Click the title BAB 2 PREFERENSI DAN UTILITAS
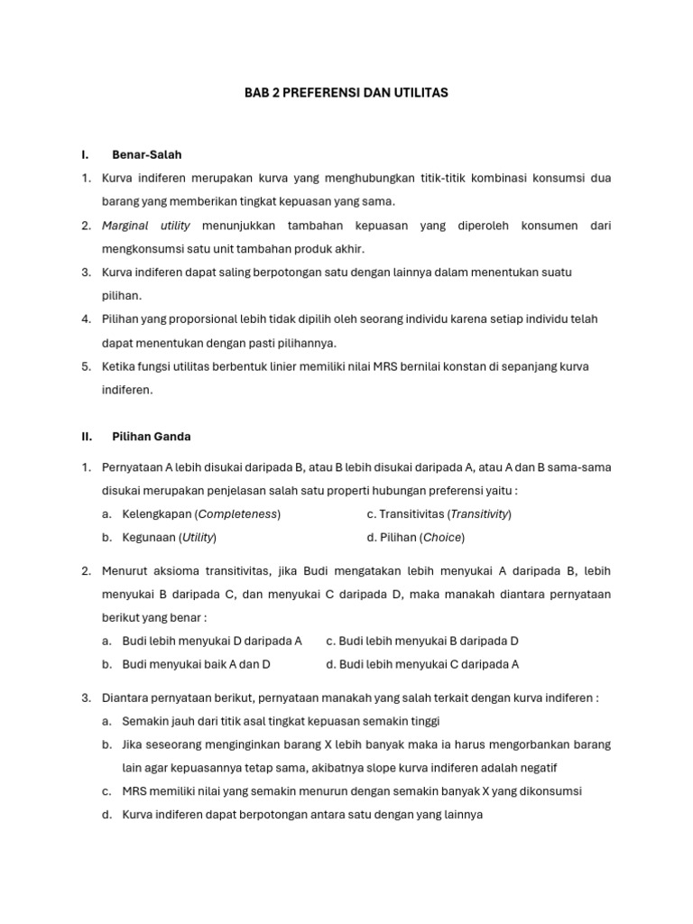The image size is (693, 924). point(346,93)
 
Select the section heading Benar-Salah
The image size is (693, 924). point(146,155)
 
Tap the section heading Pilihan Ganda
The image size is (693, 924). point(151,436)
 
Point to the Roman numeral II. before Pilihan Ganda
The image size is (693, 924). point(87,436)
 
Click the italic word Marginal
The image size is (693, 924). point(125,226)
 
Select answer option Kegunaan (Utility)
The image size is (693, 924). point(169,538)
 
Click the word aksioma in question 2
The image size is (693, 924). point(177,570)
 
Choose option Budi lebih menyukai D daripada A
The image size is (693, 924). point(212,641)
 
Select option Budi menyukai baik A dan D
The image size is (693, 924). point(196,664)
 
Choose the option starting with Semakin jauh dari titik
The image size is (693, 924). point(281,721)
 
